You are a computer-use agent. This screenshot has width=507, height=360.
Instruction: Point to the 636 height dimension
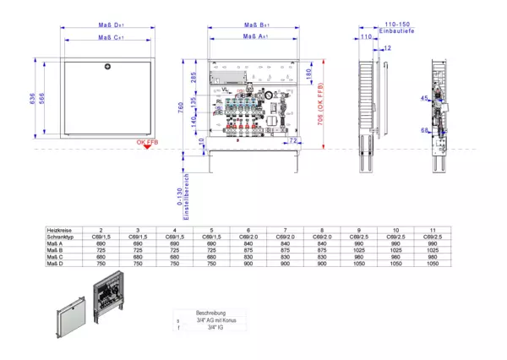tap(32, 101)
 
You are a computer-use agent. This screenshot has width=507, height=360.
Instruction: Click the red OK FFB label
tap(147, 143)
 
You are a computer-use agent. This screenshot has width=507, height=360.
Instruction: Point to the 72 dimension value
tap(292, 140)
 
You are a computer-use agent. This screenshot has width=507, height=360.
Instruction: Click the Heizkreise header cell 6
tap(246, 230)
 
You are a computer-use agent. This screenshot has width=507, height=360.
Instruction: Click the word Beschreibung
tap(210, 313)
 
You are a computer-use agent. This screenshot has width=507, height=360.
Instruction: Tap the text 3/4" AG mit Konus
tap(210, 320)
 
